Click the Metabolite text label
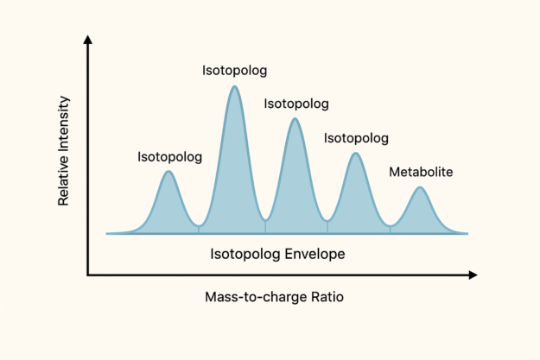coord(421,172)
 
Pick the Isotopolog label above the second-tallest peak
coord(296,104)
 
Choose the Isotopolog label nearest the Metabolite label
coord(356,138)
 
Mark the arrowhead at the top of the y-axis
coord(87,40)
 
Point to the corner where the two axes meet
coord(87,275)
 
